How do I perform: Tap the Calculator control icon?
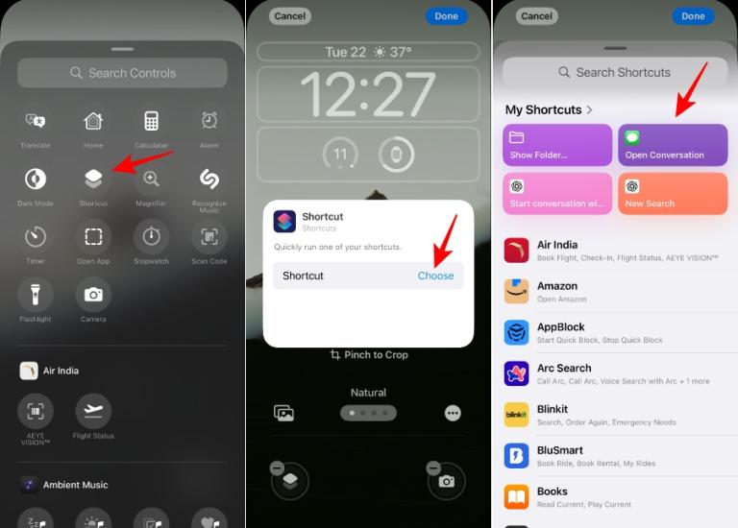[151, 121]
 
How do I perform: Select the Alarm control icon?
[209, 121]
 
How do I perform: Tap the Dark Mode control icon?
[36, 179]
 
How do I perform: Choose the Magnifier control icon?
[151, 179]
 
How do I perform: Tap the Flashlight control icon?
[36, 294]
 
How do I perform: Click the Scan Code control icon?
[209, 236]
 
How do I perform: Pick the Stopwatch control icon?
[151, 236]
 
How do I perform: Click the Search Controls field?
[123, 73]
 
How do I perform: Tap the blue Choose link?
[435, 276]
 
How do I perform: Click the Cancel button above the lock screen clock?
[289, 16]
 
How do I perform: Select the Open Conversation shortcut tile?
[673, 145]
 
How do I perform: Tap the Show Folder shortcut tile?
[557, 145]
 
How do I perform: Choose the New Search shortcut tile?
[673, 193]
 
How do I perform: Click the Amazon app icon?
[517, 292]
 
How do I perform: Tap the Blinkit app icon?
[517, 415]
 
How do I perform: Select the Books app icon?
[517, 497]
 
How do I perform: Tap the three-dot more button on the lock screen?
[453, 413]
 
